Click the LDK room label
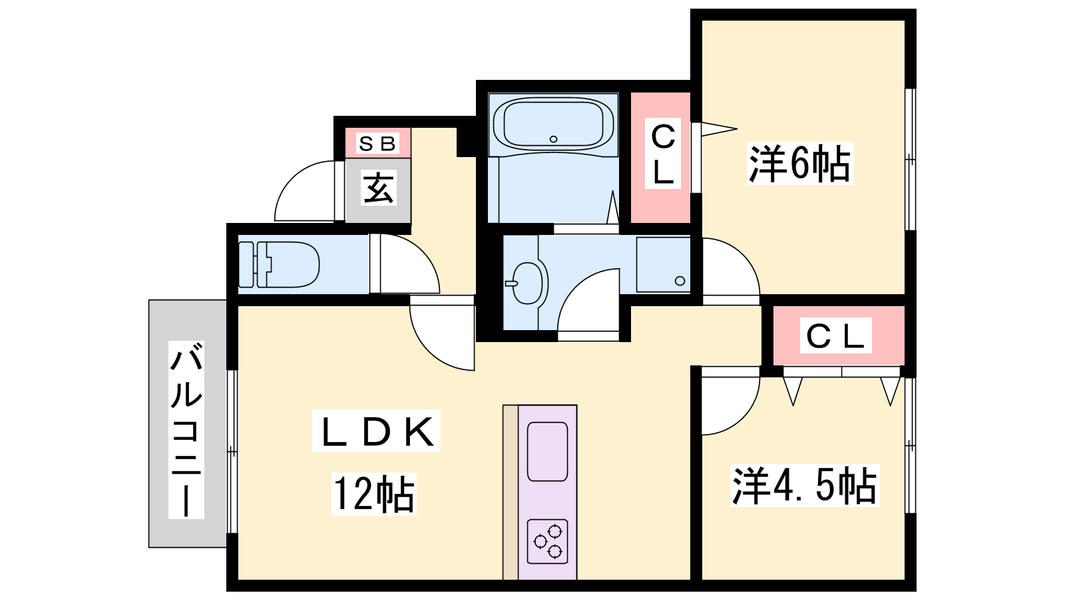pos(376,431)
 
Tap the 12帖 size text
pos(373,495)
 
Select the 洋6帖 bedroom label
pos(799,163)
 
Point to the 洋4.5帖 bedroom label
pos(805,486)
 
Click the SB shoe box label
pos(377,143)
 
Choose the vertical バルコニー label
pos(186,430)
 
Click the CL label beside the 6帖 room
pos(663,154)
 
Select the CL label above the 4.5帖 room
pos(835,336)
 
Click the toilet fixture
pos(279,265)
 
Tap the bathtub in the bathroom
pos(553,124)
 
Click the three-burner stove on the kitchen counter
pos(548,542)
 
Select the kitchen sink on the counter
pos(548,452)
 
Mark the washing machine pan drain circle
pos(680,280)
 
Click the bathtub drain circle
pos(553,139)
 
